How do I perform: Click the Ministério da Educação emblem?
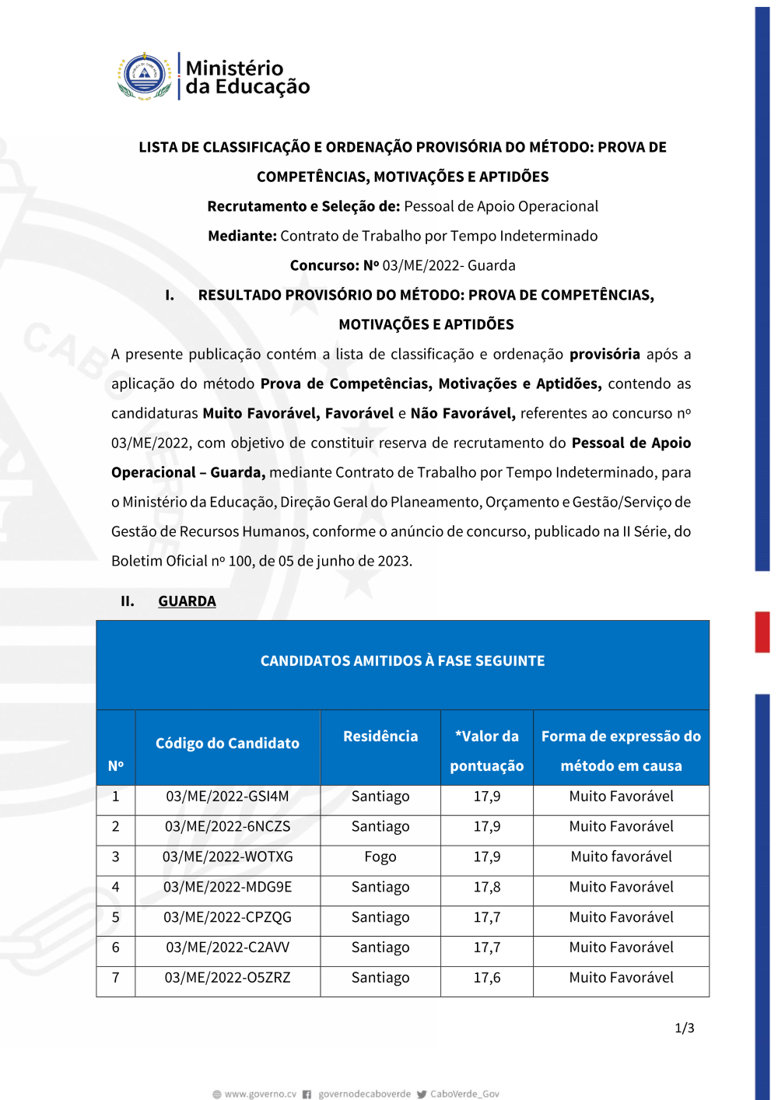tap(145, 76)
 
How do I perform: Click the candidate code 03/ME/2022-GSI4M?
tap(227, 797)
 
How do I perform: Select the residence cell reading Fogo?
tap(380, 857)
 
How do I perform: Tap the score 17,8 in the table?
tap(487, 888)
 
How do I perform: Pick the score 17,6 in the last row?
tap(487, 978)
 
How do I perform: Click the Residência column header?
tap(380, 737)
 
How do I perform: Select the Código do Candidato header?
tap(227, 744)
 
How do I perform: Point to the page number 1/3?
tap(685, 1028)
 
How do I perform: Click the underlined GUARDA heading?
tap(187, 601)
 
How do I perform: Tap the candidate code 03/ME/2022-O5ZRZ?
tap(227, 978)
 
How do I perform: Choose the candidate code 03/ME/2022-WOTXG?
tap(227, 857)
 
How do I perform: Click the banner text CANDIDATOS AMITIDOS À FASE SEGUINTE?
tap(402, 661)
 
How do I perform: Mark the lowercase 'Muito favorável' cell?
tap(621, 857)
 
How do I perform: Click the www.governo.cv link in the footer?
tap(261, 1094)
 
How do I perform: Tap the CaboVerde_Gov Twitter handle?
tap(464, 1094)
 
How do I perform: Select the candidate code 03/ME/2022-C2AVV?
tap(227, 948)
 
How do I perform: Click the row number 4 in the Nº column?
tap(116, 888)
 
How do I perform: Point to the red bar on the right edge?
tap(762, 632)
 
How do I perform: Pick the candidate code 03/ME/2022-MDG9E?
tap(227, 888)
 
